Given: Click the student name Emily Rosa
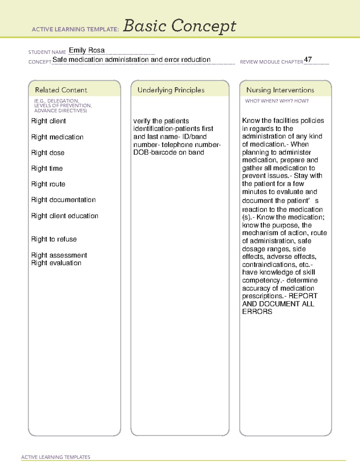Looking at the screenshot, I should (87, 50).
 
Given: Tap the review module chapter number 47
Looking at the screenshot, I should (308, 59).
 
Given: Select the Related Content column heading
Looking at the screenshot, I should (61, 90).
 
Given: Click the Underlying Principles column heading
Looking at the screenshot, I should (171, 90).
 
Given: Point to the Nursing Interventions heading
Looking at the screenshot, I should (280, 90).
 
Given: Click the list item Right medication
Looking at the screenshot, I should (57, 137).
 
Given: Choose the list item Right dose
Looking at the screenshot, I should (48, 153).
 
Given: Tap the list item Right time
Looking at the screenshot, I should (47, 168).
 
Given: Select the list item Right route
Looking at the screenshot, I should (48, 184).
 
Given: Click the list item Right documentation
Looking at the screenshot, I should (63, 200).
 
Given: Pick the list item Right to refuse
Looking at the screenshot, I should (54, 239).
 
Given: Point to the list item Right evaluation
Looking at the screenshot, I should (56, 263).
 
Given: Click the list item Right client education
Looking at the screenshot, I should (64, 216).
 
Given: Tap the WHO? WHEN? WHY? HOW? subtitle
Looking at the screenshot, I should (277, 101).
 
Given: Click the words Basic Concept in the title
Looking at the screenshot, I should (179, 26).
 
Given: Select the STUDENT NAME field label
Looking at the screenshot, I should (47, 52).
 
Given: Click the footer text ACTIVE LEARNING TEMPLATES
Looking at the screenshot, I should (56, 457).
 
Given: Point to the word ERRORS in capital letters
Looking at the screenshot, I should (257, 311).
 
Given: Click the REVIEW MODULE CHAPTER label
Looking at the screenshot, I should (271, 62).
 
